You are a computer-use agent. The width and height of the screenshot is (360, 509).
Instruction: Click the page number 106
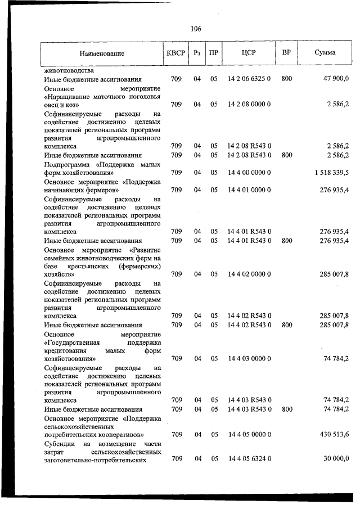(196, 29)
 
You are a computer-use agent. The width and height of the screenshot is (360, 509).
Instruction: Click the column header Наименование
(102, 53)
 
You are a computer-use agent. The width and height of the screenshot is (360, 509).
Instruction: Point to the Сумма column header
(325, 53)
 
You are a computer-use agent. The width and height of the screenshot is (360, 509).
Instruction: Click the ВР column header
(286, 53)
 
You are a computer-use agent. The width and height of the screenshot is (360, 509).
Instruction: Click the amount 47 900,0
(336, 79)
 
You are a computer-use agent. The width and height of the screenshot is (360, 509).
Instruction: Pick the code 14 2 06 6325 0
(249, 79)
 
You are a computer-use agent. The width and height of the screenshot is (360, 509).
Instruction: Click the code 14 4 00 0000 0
(249, 173)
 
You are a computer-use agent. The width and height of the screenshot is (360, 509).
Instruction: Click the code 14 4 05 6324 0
(249, 460)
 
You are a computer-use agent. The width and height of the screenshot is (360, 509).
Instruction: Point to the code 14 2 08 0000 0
(249, 105)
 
